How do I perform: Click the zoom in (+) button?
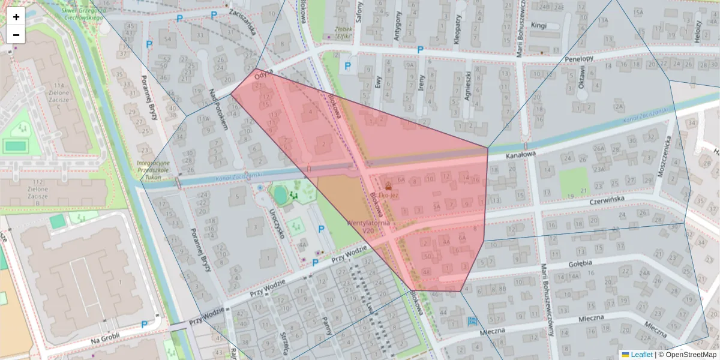[16, 17]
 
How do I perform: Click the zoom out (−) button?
[16, 35]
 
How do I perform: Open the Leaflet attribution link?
[641, 355]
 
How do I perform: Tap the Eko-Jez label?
[388, 195]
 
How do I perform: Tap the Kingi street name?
[539, 25]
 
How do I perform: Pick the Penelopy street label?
[579, 59]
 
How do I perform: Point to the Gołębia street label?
[580, 263]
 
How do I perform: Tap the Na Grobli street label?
[106, 337]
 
